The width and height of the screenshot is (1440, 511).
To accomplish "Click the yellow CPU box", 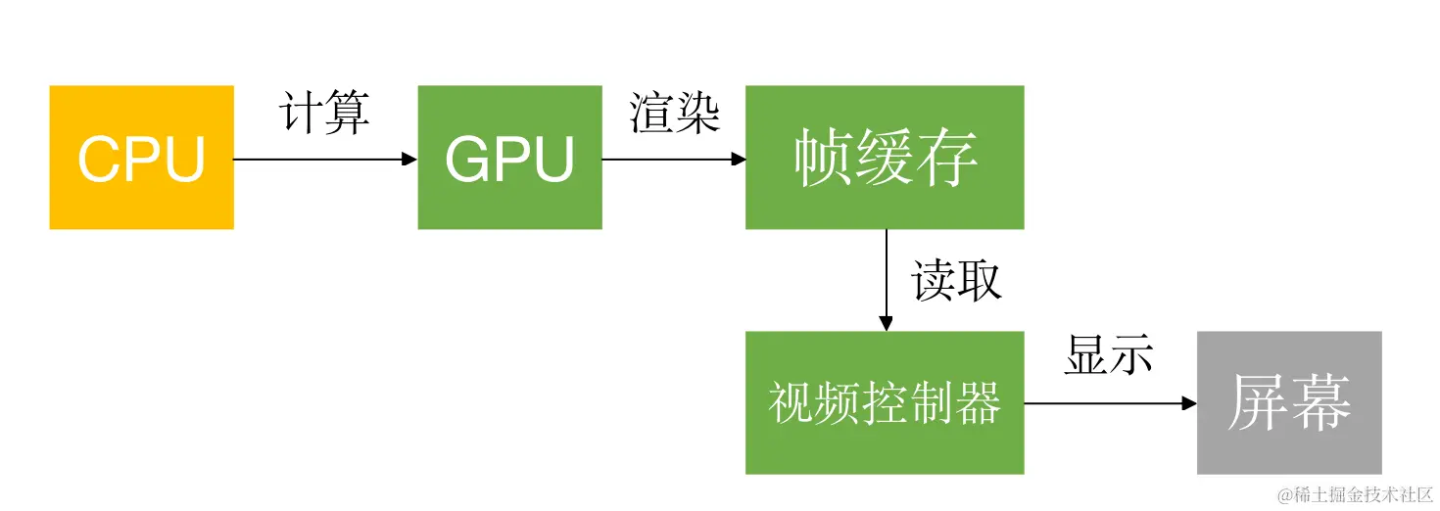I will click(141, 158).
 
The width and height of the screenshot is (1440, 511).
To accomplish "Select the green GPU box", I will click(509, 158).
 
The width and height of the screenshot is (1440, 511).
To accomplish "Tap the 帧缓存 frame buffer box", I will click(885, 158).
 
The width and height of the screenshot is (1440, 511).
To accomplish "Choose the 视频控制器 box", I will click(885, 402).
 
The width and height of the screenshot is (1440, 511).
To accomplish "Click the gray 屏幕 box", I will click(1289, 402).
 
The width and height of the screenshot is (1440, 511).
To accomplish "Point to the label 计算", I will click(325, 114).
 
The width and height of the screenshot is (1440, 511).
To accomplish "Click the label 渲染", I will click(675, 114).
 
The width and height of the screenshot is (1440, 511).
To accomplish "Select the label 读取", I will click(956, 281).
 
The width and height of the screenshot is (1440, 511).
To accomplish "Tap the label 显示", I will click(1109, 356).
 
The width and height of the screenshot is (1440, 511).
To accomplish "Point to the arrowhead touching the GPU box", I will click(410, 159).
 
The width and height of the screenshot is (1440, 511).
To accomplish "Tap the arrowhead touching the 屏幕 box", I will click(1189, 403).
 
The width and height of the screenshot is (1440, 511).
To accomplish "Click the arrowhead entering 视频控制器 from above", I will click(886, 324).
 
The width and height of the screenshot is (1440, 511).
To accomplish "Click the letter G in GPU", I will click(465, 159).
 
